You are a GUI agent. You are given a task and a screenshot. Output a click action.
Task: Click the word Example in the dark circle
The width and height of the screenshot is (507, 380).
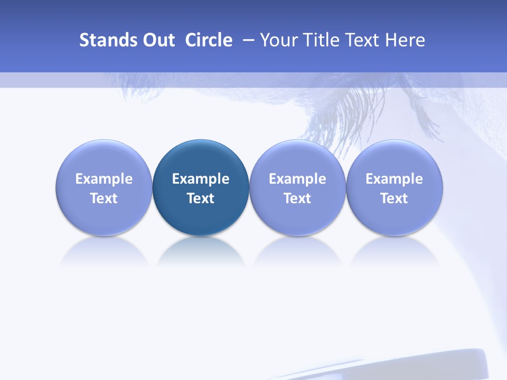[201, 179]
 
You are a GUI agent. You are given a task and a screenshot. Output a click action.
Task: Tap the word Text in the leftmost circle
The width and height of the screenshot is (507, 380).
[104, 198]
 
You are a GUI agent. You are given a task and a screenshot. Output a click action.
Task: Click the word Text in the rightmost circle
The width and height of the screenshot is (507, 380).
[395, 198]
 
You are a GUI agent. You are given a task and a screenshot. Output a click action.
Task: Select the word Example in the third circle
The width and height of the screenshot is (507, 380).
[297, 179]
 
